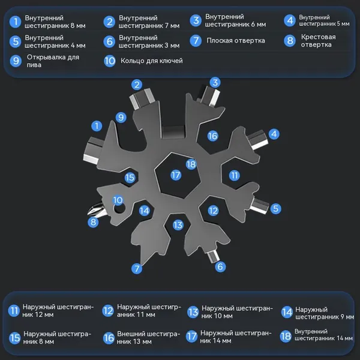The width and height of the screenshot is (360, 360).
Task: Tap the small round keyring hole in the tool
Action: [119, 208]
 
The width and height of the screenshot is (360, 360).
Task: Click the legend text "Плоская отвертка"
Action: [236, 41]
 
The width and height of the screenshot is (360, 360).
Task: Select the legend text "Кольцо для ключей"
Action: [152, 61]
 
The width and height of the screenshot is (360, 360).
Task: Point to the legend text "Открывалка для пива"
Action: [53, 61]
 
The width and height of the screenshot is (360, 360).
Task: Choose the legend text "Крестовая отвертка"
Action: [318, 41]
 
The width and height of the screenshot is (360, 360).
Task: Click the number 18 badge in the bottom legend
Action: [286, 337]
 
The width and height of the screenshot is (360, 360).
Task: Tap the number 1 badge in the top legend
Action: [16, 22]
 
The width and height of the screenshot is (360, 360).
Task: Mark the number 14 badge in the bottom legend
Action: [287, 312]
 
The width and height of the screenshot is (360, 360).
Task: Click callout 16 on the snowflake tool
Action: [212, 136]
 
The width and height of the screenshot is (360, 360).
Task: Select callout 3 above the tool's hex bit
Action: [215, 82]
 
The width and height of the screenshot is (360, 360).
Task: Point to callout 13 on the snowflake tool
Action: [178, 225]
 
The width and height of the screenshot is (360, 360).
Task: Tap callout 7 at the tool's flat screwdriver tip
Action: [137, 268]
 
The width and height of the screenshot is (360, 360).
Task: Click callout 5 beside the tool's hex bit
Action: [276, 208]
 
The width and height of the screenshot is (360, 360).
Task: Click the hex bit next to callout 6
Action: [212, 256]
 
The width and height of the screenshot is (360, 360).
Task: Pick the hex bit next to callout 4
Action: [257, 140]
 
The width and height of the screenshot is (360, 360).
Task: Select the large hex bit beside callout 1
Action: [93, 151]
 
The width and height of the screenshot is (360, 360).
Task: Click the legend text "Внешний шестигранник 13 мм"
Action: [148, 337]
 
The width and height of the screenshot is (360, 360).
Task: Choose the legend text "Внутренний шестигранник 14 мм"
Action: [323, 335]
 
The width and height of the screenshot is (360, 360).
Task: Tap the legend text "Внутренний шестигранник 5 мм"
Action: [324, 20]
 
